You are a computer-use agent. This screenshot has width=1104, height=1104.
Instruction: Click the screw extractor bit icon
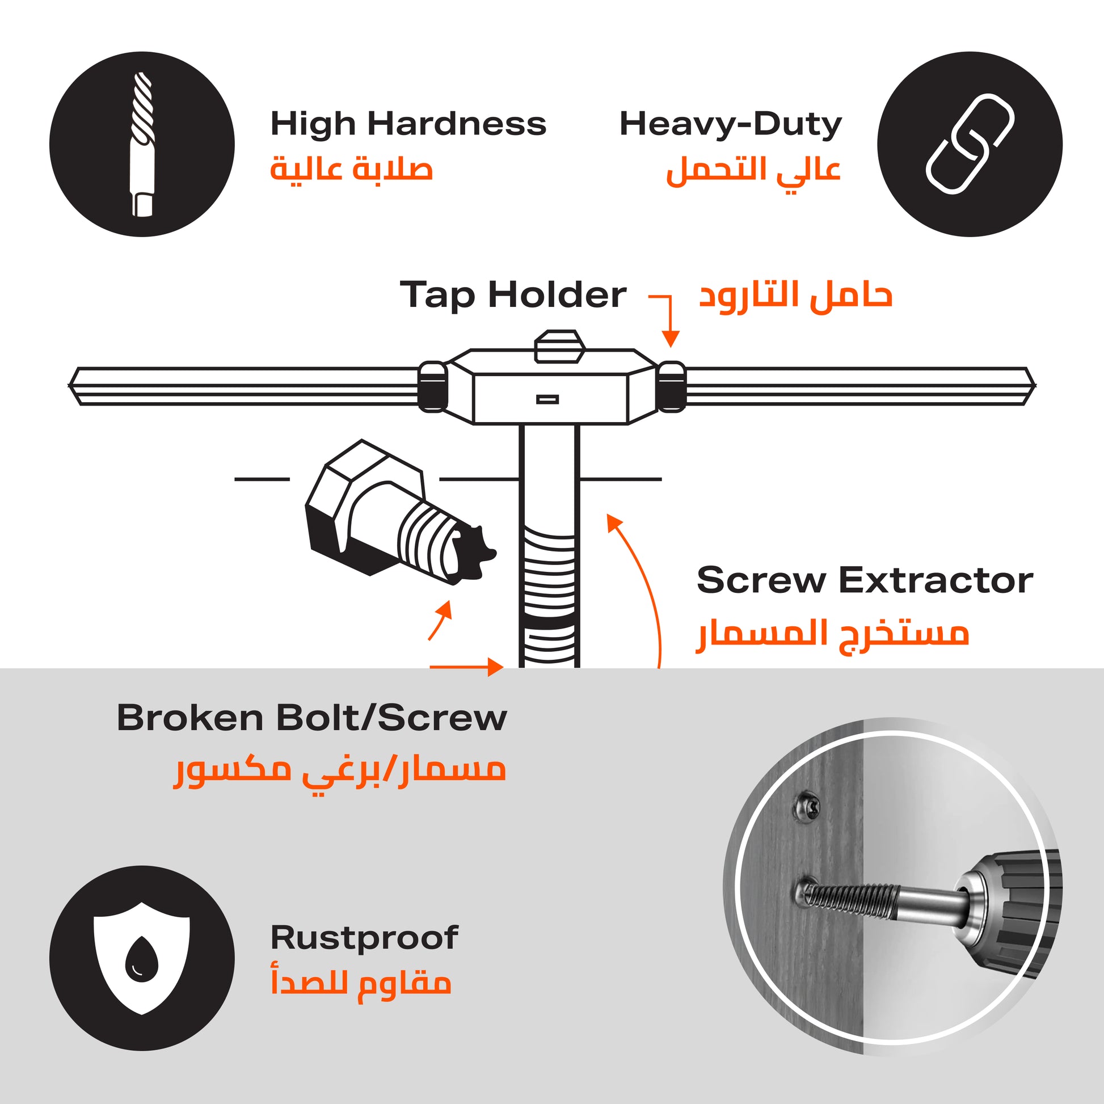click(x=142, y=144)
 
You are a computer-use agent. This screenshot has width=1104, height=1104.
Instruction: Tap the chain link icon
click(x=970, y=144)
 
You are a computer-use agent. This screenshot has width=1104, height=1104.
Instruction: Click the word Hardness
click(x=457, y=124)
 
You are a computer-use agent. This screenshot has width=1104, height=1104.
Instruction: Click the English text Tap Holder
click(x=513, y=296)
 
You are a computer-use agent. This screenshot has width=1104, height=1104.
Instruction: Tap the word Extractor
click(x=936, y=580)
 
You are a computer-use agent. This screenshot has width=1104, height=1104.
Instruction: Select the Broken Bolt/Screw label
click(x=312, y=718)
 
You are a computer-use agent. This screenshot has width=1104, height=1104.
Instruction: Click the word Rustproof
click(x=365, y=938)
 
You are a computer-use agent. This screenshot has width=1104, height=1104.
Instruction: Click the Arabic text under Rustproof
click(x=361, y=983)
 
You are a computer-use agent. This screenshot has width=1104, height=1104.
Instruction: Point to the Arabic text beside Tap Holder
click(x=796, y=296)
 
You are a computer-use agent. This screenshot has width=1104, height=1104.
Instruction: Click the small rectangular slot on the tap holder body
click(x=547, y=399)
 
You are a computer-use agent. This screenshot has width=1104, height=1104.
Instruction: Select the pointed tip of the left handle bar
click(x=70, y=386)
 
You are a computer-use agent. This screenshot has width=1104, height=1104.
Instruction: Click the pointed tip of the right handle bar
click(x=1035, y=386)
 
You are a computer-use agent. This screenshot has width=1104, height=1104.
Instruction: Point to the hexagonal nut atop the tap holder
click(x=559, y=346)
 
